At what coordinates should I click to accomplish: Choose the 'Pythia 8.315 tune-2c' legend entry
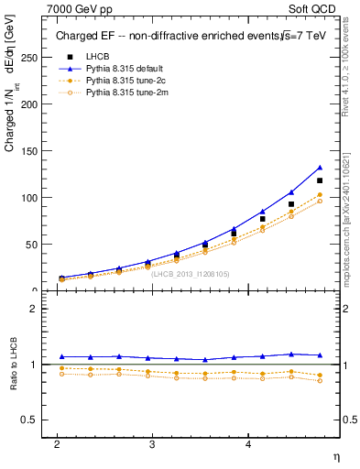tap(125, 80)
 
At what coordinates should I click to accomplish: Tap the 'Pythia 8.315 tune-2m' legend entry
tap(125, 92)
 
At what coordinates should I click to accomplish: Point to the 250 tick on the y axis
tap(31, 58)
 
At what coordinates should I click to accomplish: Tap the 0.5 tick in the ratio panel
tap(31, 420)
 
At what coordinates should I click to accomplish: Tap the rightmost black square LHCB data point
tap(320, 180)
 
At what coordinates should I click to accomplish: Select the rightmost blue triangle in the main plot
tap(320, 168)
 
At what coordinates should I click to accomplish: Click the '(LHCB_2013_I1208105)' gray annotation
tap(191, 273)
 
